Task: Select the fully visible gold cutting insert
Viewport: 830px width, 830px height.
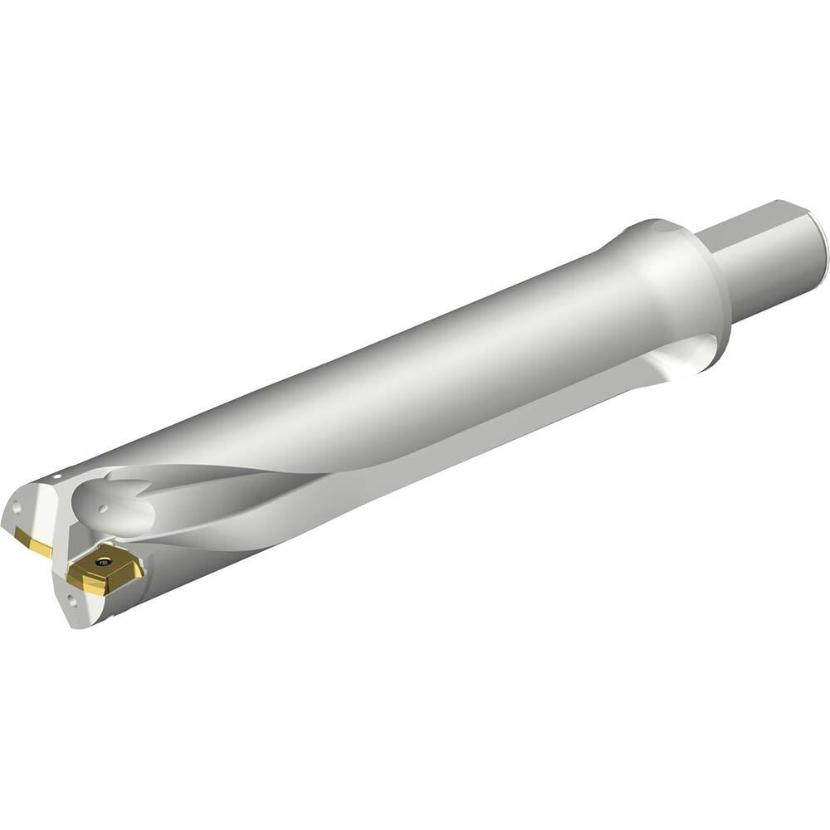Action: pos(105,569)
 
